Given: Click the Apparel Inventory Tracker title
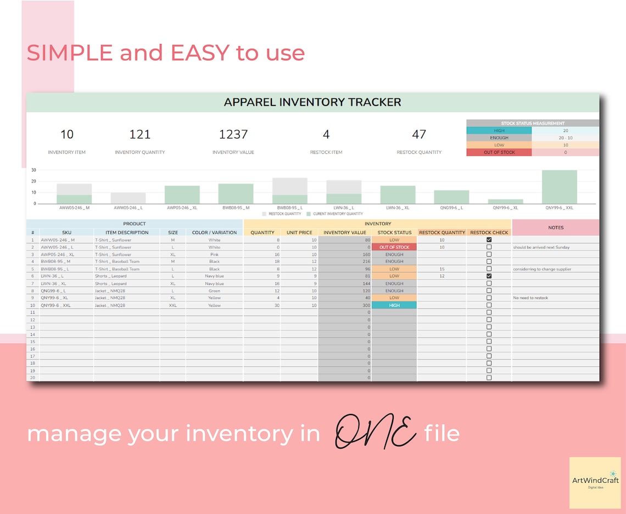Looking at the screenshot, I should pyautogui.click(x=312, y=102).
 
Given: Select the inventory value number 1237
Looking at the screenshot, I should pyautogui.click(x=233, y=134).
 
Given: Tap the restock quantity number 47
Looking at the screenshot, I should pyautogui.click(x=418, y=134).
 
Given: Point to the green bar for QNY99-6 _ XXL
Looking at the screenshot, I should pyautogui.click(x=559, y=187).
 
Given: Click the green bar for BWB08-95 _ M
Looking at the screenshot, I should pyautogui.click(x=236, y=194).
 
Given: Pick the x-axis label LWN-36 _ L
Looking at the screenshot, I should pyautogui.click(x=344, y=208).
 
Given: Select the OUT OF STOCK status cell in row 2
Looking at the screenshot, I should pyautogui.click(x=394, y=247).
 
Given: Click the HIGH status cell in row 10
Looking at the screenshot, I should pyautogui.click(x=394, y=305).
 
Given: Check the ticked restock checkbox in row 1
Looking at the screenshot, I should pyautogui.click(x=489, y=240).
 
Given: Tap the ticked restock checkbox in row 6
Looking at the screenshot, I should pyautogui.click(x=489, y=276).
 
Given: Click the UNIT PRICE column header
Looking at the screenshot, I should pyautogui.click(x=299, y=233).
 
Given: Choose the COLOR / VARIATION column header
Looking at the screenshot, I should pyautogui.click(x=214, y=233).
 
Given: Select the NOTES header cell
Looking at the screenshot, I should pyautogui.click(x=555, y=228).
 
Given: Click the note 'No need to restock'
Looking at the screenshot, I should pyautogui.click(x=530, y=298).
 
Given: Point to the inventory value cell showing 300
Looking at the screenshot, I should pyautogui.click(x=345, y=305).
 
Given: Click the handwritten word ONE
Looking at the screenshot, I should pyautogui.click(x=376, y=433).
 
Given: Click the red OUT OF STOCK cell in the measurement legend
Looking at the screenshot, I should pyautogui.click(x=499, y=152).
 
